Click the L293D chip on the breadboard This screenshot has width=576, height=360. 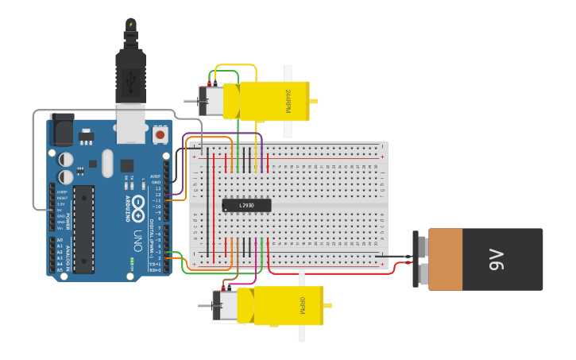pos(246,206)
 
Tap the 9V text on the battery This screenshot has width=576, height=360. pos(497,259)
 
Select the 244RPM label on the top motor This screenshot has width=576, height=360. pos(288,101)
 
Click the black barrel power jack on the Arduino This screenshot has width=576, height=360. pos(61,129)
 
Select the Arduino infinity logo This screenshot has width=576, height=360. pos(138,205)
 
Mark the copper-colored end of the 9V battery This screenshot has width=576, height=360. pos(445,259)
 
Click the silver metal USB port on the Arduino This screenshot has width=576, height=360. pos(131,123)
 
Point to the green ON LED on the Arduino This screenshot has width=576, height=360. pos(131,261)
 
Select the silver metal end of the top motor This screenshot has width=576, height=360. pos(212,101)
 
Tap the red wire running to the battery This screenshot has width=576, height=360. pos(334,273)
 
